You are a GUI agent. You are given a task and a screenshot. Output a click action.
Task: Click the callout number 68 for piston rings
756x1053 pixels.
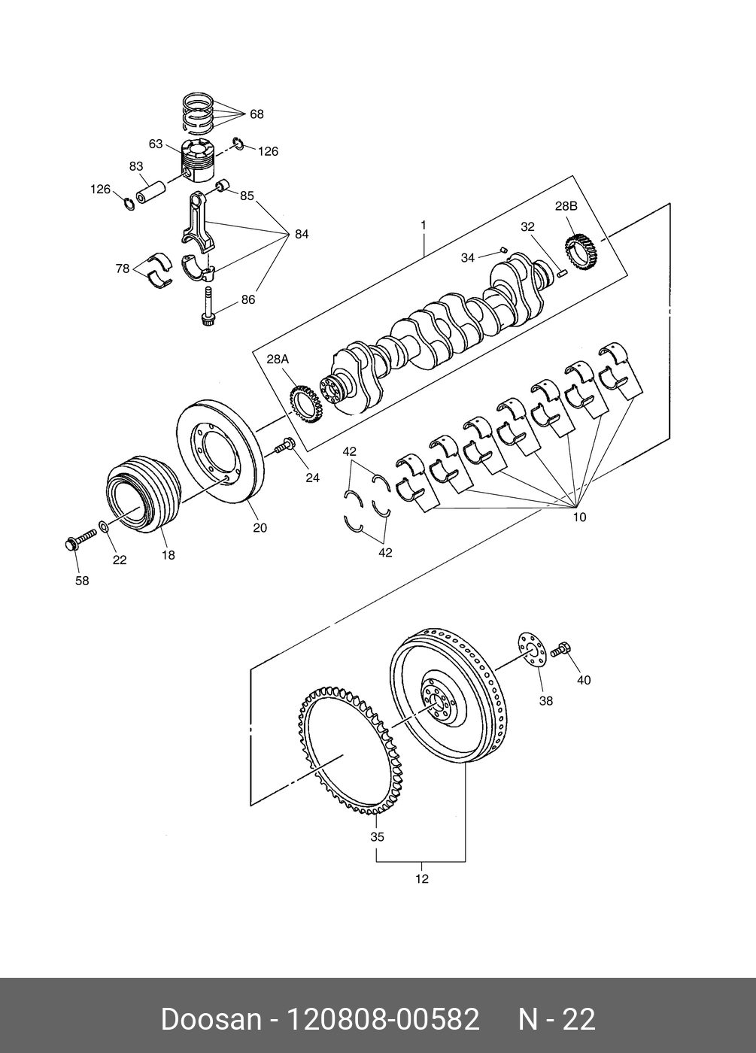(x=257, y=114)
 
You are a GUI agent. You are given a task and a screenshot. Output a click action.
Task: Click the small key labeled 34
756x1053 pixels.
(x=502, y=249)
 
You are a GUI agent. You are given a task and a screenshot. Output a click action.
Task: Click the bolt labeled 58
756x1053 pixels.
(x=80, y=539)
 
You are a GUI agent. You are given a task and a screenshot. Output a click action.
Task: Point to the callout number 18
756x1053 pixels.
(x=169, y=555)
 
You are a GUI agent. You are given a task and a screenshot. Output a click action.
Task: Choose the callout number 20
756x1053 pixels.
(x=260, y=528)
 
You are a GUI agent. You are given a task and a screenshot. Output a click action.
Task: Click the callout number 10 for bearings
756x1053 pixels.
(x=579, y=517)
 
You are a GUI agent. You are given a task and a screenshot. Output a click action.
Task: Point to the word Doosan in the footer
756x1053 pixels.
(x=211, y=1018)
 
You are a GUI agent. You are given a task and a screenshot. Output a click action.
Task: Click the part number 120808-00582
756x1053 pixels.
(x=383, y=1018)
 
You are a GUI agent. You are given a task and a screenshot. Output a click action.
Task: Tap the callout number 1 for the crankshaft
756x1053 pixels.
(x=423, y=225)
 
